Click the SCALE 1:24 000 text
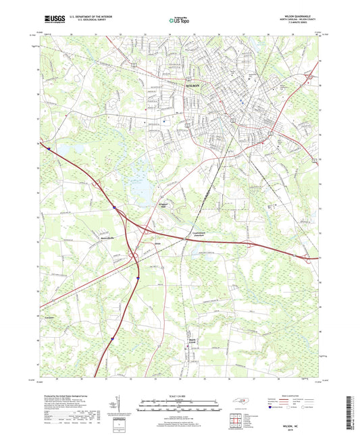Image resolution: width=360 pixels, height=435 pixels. (x=180, y=395)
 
